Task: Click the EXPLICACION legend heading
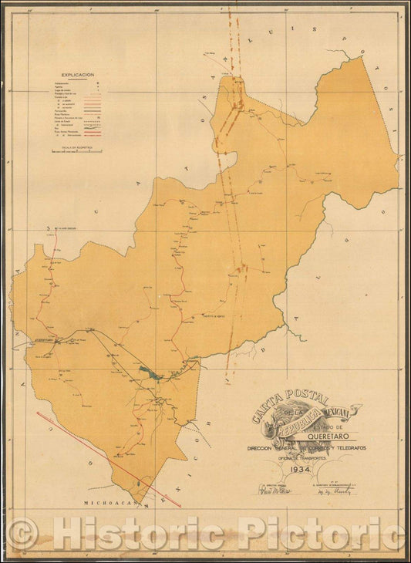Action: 73,75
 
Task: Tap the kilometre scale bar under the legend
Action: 76,152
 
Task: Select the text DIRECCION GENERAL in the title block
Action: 271,447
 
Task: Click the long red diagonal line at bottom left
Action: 108,459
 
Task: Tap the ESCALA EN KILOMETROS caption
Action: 76,146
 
